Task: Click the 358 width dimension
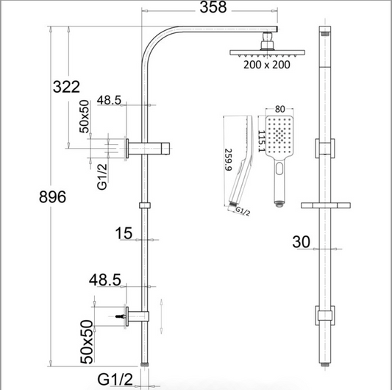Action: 213,7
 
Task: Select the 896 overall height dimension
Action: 52,196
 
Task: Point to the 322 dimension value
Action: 66,87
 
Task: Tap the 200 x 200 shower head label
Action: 267,65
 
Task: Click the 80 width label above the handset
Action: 279,109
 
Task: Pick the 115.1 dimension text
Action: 262,141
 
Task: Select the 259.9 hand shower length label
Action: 229,160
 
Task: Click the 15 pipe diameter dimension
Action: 124,233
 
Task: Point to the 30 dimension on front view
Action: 302,242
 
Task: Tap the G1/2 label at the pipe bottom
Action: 115,380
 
